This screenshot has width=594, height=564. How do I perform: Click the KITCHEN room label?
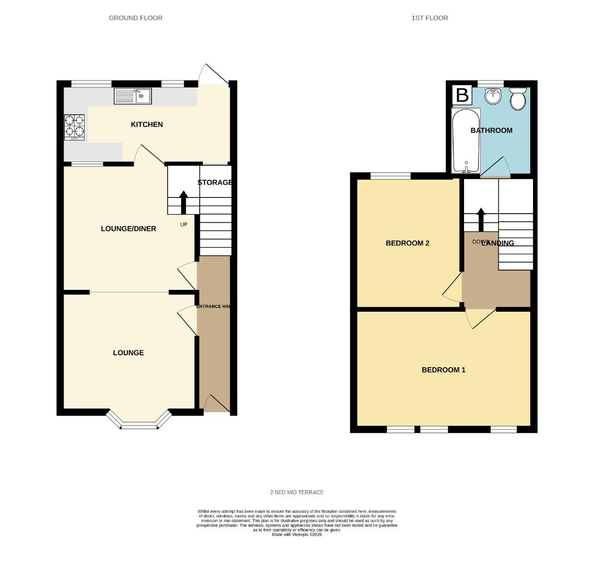pyautogui.click(x=147, y=124)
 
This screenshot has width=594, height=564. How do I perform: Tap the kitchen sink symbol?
pyautogui.click(x=133, y=96)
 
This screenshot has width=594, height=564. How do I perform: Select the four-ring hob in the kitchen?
pyautogui.click(x=74, y=127)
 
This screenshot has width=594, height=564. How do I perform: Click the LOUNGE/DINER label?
pyautogui.click(x=128, y=229)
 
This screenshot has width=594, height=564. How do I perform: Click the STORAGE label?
pyautogui.click(x=215, y=182)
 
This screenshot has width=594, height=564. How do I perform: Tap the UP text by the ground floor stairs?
pyautogui.click(x=183, y=225)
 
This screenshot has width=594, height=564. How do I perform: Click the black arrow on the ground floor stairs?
pyautogui.click(x=183, y=202)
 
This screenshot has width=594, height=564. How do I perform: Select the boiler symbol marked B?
pyautogui.click(x=462, y=95)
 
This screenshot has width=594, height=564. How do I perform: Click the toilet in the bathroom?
pyautogui.click(x=518, y=99)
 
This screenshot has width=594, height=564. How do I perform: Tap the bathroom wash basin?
pyautogui.click(x=493, y=96)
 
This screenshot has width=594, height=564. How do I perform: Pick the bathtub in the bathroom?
pyautogui.click(x=466, y=140)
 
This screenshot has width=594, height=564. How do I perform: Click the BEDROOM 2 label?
pyautogui.click(x=407, y=243)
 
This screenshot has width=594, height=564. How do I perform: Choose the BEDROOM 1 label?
pyautogui.click(x=443, y=370)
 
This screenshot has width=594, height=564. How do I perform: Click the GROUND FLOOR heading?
pyautogui.click(x=136, y=18)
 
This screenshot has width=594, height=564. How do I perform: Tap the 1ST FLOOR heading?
pyautogui.click(x=430, y=18)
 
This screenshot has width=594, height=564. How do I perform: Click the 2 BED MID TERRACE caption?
pyautogui.click(x=297, y=492)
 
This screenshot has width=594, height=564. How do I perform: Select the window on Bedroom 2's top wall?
pyautogui.click(x=390, y=176)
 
